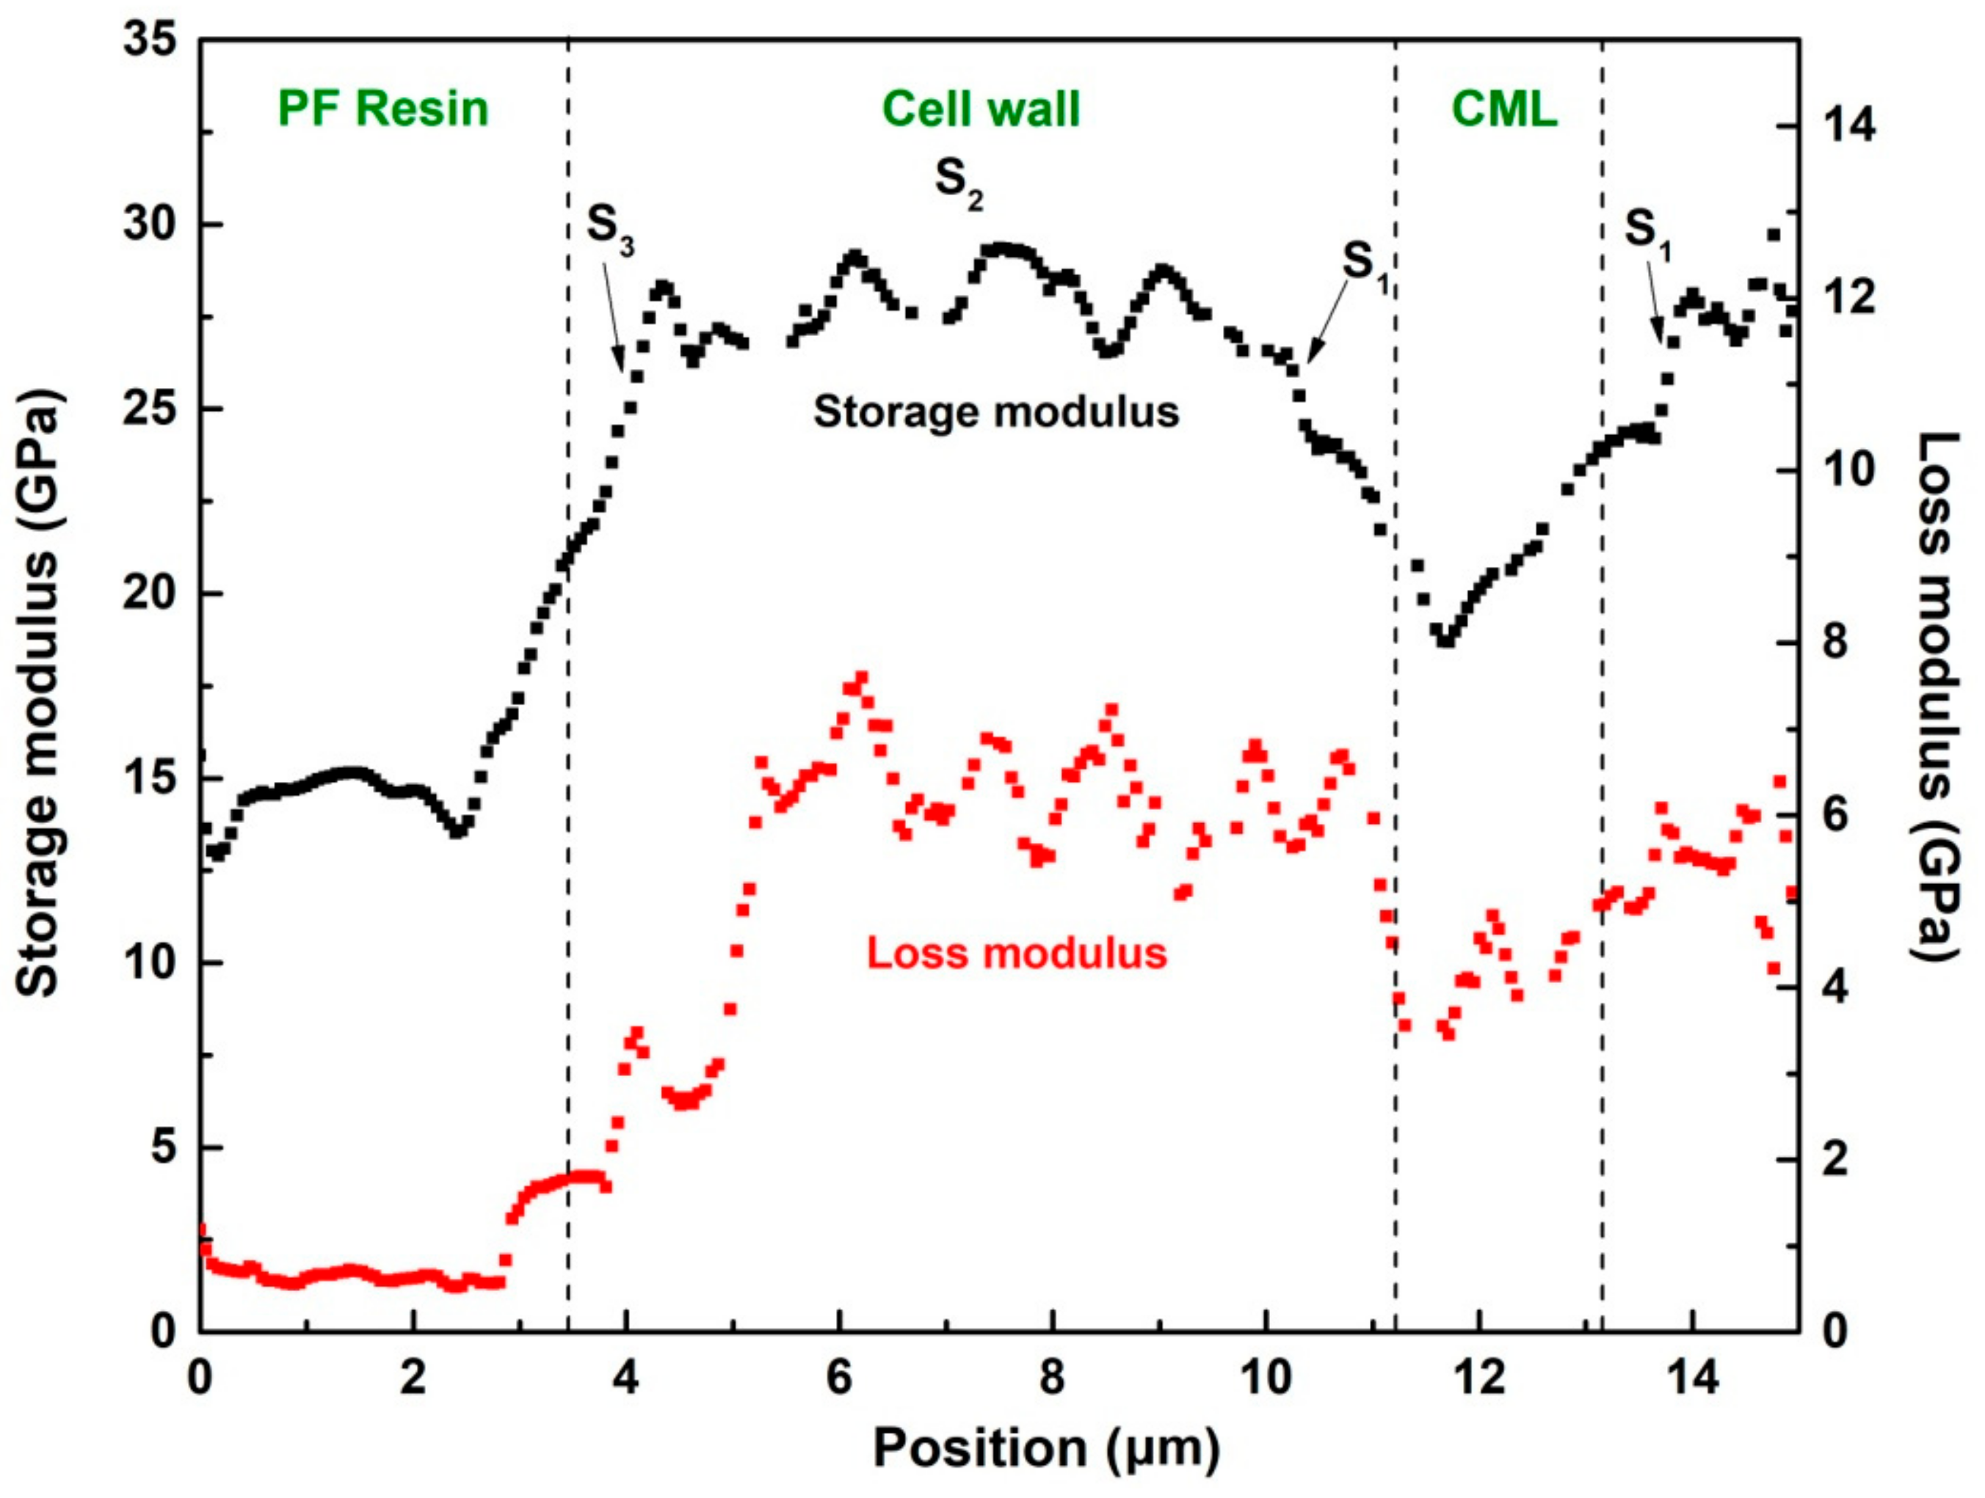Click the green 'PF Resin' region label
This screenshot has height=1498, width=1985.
(x=383, y=109)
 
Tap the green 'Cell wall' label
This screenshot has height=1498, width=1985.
(x=981, y=109)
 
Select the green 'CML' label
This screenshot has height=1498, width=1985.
(x=1505, y=109)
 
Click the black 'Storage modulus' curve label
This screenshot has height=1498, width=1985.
(x=996, y=412)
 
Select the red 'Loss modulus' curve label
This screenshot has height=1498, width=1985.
(x=1017, y=953)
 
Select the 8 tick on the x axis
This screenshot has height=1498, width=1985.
(x=1053, y=1377)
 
